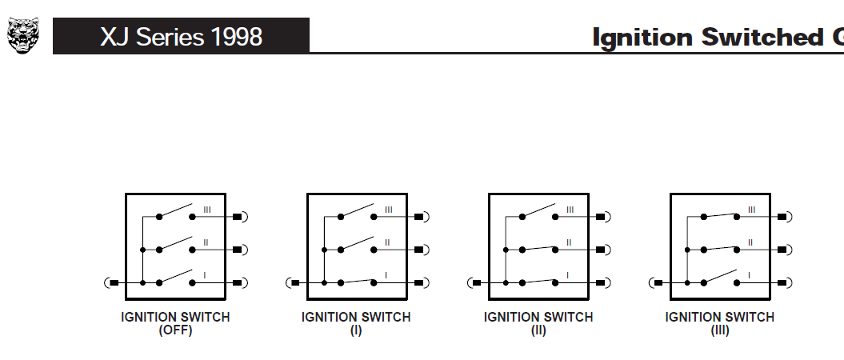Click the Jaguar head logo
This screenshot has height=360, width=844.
23,35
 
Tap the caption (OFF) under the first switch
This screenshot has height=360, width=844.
175,330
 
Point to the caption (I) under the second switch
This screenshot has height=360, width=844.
356,330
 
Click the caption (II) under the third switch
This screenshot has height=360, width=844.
538,330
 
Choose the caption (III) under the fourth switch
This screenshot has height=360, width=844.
720,330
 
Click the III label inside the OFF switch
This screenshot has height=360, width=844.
206,210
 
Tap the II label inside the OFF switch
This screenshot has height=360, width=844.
206,242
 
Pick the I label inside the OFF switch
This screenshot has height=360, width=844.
205,275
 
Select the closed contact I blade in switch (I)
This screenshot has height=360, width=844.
358,281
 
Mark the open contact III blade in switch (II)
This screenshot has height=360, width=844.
539,210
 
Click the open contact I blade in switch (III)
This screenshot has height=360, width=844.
720,276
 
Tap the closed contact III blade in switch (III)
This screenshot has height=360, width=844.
720,215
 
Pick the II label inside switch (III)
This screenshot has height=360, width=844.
750,242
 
